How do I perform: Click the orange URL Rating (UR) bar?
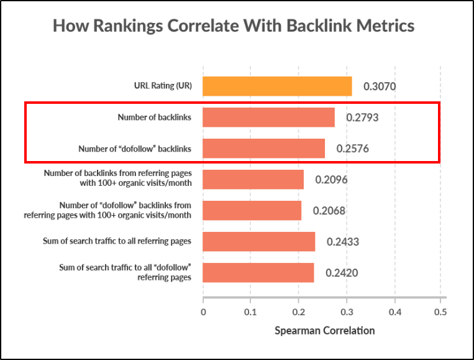pos(277,86)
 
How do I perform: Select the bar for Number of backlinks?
pos(268,117)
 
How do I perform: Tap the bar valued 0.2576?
pos(263,149)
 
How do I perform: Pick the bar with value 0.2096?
pos(253,180)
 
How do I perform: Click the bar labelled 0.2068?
pos(252,210)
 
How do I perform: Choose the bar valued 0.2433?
pos(258,241)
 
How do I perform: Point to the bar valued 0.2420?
pos(258,272)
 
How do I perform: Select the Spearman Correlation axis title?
pos(324,330)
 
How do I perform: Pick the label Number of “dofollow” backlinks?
pos(135,149)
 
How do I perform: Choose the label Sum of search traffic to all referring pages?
pos(125,241)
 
